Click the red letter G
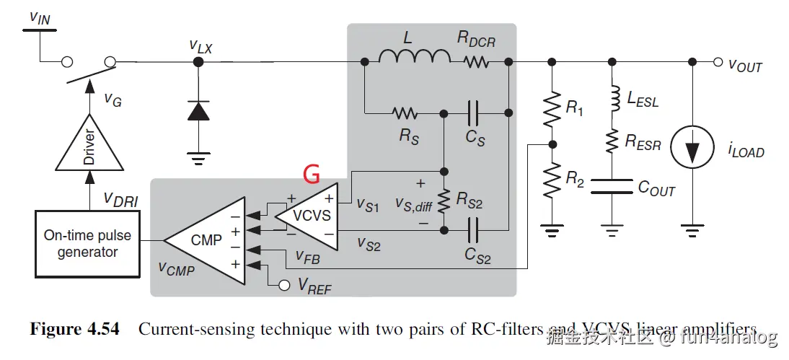point(310,173)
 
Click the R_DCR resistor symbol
point(477,63)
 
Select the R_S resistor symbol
point(405,113)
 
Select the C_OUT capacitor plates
point(612,188)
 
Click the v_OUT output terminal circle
point(718,63)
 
